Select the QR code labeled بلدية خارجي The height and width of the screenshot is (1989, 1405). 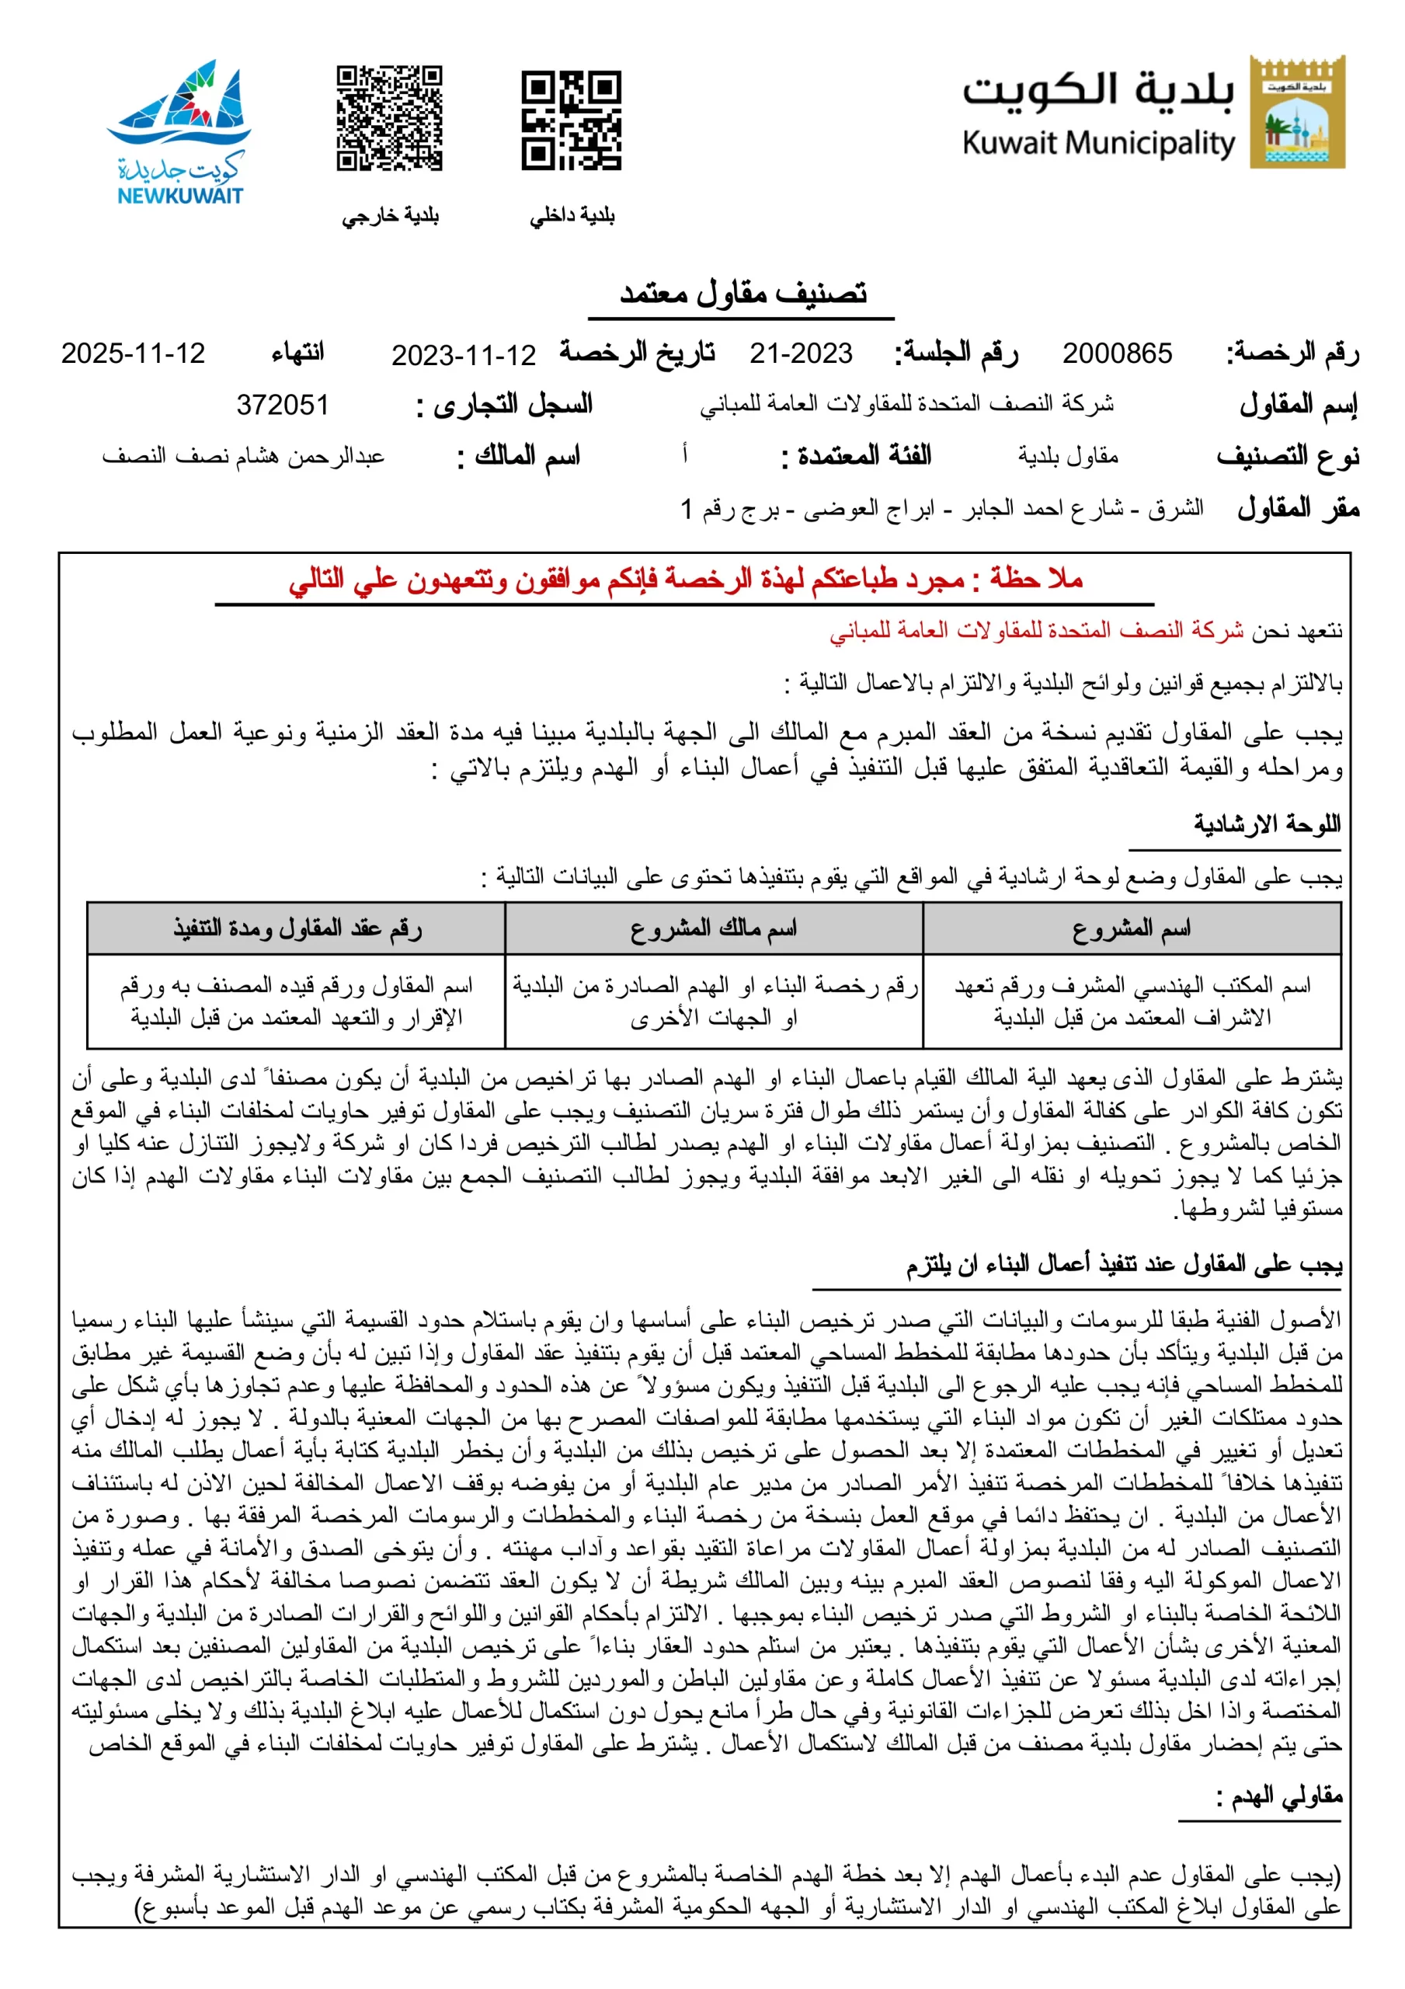pos(389,118)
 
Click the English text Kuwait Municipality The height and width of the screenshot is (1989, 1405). pos(1097,143)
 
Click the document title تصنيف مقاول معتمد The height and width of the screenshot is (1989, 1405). pos(742,294)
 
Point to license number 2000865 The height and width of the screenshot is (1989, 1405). pos(1117,354)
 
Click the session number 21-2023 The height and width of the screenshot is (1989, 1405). pos(801,354)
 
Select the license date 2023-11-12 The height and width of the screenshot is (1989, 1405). pos(464,355)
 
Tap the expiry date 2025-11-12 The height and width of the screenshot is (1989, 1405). pos(133,354)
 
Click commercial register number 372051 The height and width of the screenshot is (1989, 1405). pos(283,405)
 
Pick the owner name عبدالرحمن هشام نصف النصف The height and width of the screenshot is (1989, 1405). pos(242,455)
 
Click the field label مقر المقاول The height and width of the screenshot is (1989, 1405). pos(1298,508)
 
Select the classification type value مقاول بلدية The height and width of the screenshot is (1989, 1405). pos(1067,455)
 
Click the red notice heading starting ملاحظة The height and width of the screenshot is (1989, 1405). pos(685,579)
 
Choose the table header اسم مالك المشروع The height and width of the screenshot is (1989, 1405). pos(713,928)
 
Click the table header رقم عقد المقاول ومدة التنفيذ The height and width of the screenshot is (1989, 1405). pos(297,928)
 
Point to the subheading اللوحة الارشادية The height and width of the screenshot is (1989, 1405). pos(1267,824)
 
